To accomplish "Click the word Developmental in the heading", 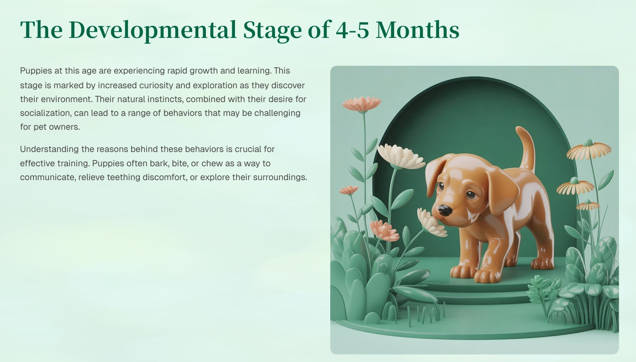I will point(152,30).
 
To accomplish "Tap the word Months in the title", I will point(417,30).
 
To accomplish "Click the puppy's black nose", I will point(445,210).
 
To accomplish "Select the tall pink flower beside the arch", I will point(361,104).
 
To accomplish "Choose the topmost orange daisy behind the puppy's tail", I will point(589,150).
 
